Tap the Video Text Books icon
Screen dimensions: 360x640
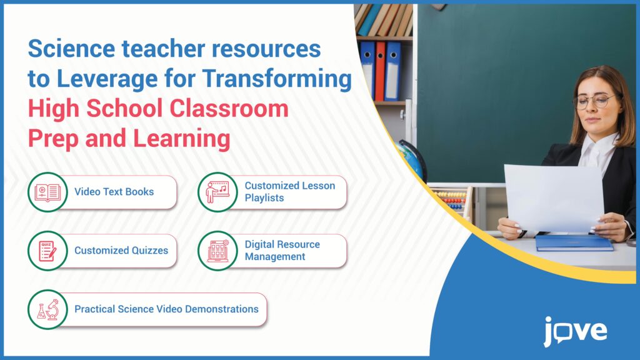47,192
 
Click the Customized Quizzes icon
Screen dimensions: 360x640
47,251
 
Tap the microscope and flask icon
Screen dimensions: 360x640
47,309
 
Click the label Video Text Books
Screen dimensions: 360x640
114,192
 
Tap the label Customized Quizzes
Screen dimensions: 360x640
121,251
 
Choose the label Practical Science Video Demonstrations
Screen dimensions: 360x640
166,309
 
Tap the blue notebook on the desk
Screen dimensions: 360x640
574,242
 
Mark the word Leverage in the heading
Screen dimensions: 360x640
107,79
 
